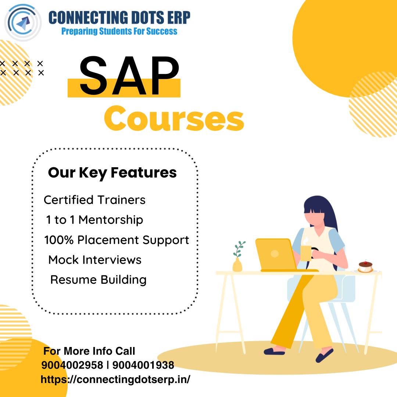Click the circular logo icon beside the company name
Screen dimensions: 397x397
point(23,22)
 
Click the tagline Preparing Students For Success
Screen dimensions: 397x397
point(119,31)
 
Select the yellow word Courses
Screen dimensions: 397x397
point(174,119)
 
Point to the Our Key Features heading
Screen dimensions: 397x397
point(112,173)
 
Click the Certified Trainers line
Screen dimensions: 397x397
point(94,200)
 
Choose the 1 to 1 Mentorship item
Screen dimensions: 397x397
point(94,220)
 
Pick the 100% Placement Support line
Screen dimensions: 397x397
point(117,240)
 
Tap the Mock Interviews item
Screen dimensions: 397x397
point(95,260)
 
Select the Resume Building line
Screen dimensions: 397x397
point(98,280)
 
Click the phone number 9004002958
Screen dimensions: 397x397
point(72,365)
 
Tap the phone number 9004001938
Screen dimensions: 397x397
point(143,365)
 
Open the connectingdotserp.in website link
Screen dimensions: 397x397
point(115,379)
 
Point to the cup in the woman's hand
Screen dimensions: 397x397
point(306,253)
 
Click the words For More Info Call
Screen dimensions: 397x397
point(89,351)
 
